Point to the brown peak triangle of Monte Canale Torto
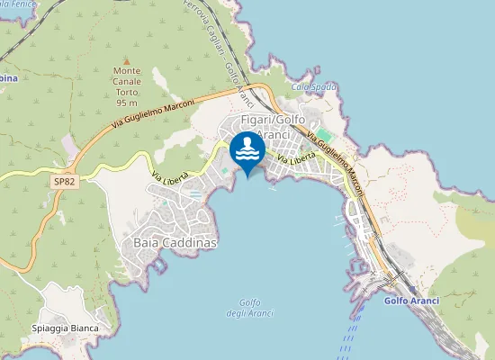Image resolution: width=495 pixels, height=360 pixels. [x=126, y=60]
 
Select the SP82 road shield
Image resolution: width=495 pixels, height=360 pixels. [x=63, y=181]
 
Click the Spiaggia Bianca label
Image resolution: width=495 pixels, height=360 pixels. [x=64, y=328]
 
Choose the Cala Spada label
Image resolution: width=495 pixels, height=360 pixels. [x=314, y=87]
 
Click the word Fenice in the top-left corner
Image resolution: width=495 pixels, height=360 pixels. [x=22, y=4]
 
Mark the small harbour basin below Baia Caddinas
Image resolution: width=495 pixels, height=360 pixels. [x=158, y=265]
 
